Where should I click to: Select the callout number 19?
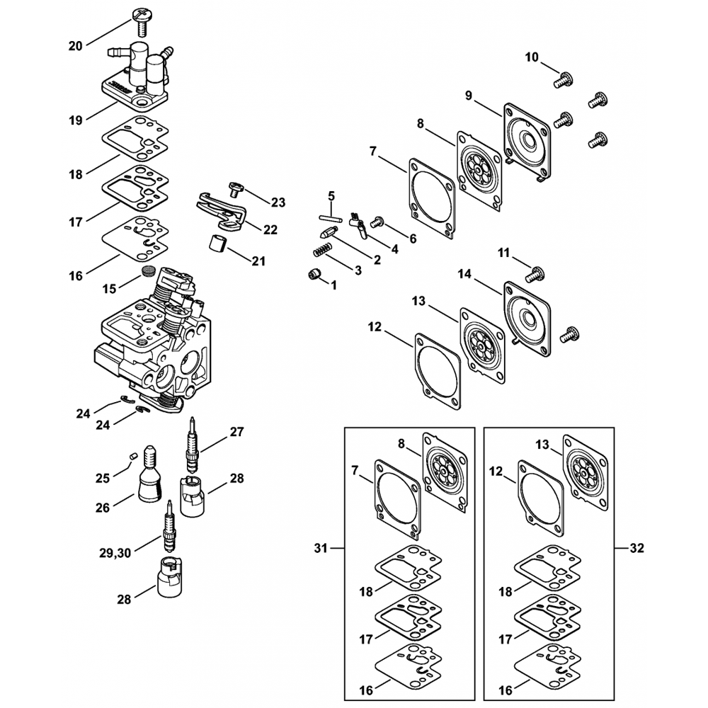[75, 120]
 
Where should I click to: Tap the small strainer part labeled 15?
[147, 271]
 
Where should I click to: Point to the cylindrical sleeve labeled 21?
[218, 245]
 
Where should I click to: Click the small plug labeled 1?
[314, 275]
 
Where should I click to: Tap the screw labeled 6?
[377, 223]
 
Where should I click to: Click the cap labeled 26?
[149, 476]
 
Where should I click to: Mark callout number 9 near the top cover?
[468, 95]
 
